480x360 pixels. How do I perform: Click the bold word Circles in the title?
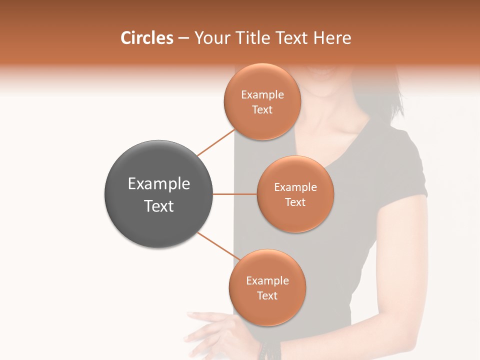pos(146,38)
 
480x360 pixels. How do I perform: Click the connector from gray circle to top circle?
pos(215,143)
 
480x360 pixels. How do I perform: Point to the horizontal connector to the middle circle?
pos(235,194)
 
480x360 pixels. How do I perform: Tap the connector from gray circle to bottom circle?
pos(217,246)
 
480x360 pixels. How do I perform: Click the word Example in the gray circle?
pos(159,184)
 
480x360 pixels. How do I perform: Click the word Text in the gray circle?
pos(159,206)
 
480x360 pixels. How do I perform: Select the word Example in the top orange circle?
pos(262,95)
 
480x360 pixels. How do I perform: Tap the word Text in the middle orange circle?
pos(295,202)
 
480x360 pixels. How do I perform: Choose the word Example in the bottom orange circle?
pos(267,281)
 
